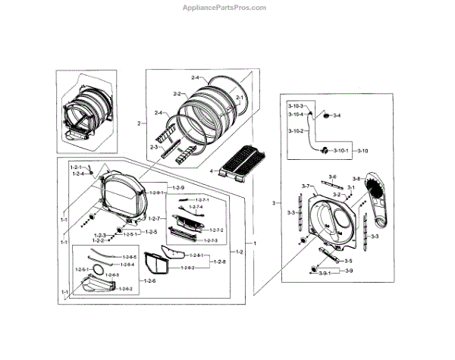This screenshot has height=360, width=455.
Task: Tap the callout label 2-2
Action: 177,94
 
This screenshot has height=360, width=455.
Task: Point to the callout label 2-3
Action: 153,147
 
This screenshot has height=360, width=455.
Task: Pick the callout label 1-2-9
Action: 178,187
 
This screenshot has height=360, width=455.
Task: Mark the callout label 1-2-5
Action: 151,231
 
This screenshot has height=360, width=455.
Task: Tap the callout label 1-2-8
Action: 220,261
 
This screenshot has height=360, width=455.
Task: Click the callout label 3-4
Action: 337,115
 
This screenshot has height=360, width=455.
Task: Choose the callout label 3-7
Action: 306,186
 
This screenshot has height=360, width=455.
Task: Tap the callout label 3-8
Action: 356,179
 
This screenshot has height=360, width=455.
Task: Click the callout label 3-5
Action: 348,261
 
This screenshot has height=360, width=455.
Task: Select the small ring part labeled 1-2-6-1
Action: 98,270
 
